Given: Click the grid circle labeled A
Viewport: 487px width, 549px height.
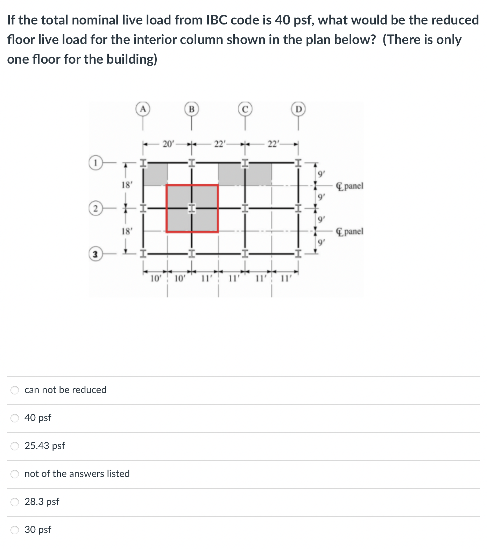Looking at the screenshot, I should pos(142,109).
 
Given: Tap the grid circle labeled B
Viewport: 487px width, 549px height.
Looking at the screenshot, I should pos(191,109).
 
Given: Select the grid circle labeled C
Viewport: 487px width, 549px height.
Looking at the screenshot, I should pos(245,109).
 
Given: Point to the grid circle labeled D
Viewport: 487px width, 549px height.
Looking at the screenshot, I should pos(298,109).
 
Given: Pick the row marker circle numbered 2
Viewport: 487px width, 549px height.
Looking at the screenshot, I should pos(95,209).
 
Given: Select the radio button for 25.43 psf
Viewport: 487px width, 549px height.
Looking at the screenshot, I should pos(15,446).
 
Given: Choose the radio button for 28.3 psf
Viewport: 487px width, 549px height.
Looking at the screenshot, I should pos(15,502).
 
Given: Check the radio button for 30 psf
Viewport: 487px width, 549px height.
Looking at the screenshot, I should pos(15,530).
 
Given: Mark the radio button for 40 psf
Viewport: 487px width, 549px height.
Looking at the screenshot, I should pos(15,418).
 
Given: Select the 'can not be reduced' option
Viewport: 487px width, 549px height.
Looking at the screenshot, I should pos(15,390).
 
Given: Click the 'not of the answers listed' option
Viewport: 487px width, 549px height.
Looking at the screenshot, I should pos(15,474).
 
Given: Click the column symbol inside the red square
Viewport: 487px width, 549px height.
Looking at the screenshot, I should pos(191,209).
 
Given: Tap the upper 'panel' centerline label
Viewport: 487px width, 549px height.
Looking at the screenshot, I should pos(350,186).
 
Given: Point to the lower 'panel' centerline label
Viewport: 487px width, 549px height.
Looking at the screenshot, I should pos(350,231).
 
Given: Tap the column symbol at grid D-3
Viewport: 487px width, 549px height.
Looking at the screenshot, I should pos(298,253).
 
